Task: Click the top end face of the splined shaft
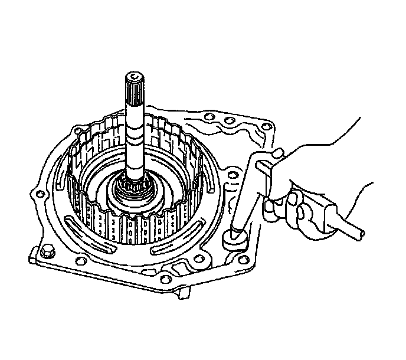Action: click(x=135, y=75)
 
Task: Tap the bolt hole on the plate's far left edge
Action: click(x=40, y=194)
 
